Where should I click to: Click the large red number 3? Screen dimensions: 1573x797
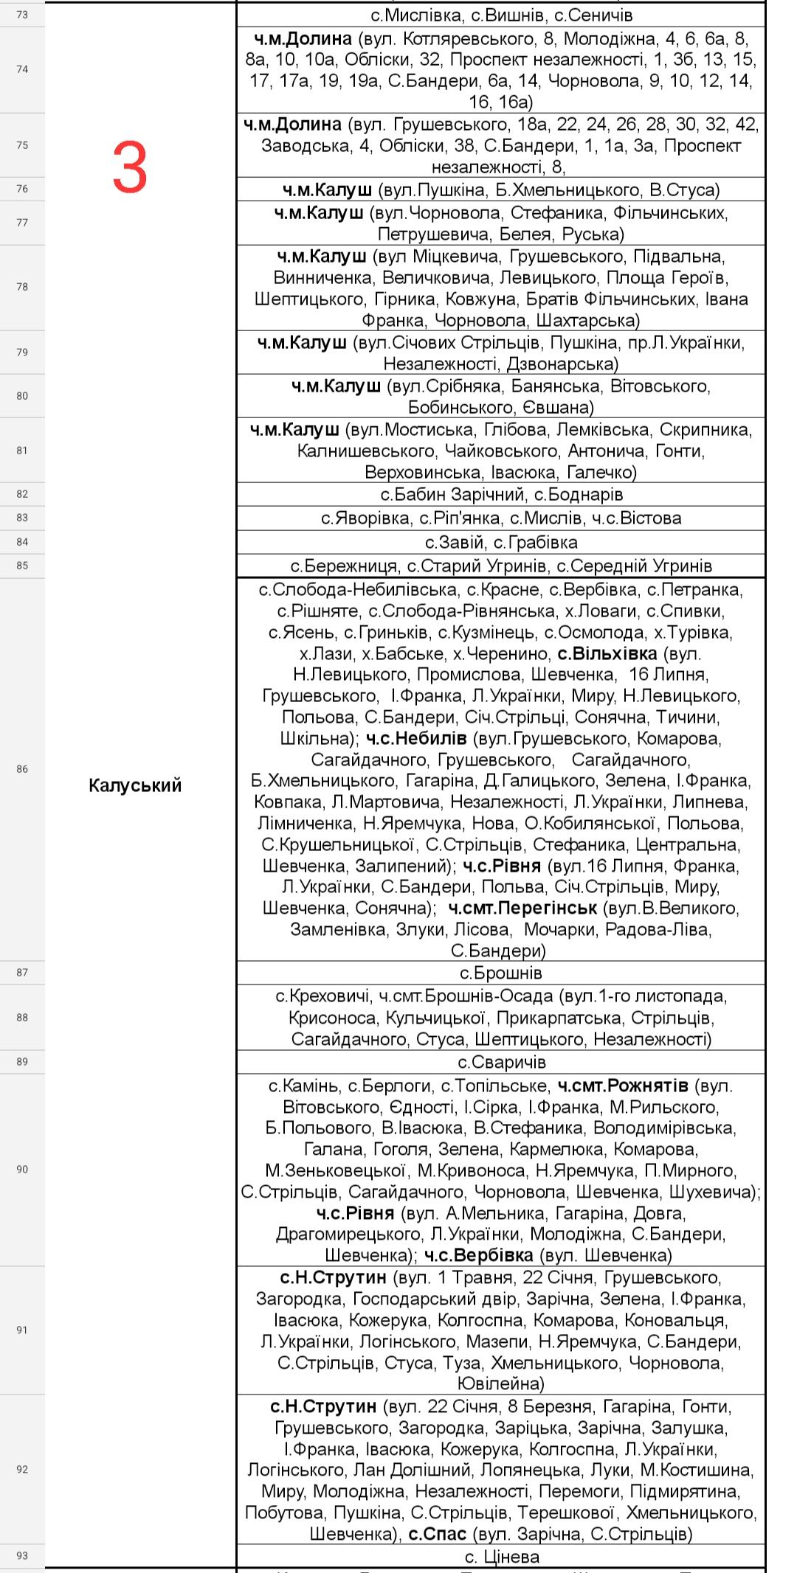(130, 168)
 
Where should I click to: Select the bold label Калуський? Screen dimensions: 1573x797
(135, 785)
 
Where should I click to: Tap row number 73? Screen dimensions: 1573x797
(22, 15)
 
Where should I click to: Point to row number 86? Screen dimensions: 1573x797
(22, 769)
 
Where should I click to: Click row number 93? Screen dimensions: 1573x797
(22, 1555)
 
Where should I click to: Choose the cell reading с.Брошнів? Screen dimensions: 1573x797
(500, 973)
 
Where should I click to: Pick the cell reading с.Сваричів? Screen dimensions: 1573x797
(501, 1062)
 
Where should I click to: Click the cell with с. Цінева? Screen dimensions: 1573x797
(502, 1557)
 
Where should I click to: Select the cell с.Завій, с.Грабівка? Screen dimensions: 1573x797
(501, 542)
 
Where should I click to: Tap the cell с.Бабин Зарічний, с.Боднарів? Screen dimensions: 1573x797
(501, 494)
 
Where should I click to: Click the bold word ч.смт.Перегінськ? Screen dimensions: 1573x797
(522, 908)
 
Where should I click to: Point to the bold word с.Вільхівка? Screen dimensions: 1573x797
(607, 653)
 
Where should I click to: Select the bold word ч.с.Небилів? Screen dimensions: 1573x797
(416, 738)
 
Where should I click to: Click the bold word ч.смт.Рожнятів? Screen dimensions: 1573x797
(623, 1086)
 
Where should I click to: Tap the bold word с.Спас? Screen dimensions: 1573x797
(438, 1534)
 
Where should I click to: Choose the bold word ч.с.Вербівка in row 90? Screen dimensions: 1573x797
(478, 1255)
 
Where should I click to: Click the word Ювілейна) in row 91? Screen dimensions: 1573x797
(501, 1383)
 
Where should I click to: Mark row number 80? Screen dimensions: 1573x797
(22, 396)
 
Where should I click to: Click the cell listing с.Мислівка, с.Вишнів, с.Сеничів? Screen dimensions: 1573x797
(501, 15)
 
